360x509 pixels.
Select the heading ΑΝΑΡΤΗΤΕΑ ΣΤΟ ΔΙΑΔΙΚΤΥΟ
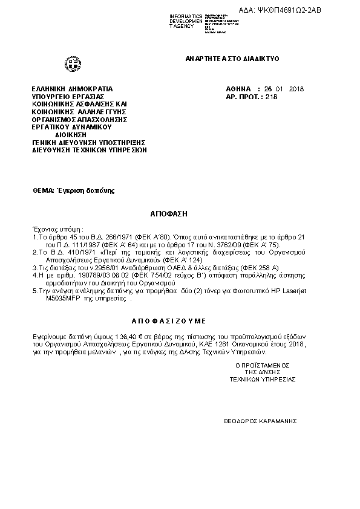[x=232, y=59]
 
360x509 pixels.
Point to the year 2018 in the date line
[x=297, y=89]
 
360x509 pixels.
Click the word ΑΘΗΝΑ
[x=238, y=89]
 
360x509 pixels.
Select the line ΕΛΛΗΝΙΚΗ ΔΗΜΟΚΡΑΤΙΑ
[x=72, y=89]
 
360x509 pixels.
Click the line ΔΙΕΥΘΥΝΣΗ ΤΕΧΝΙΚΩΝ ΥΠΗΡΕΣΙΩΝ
[x=89, y=149]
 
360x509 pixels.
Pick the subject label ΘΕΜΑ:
[x=44, y=190]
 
